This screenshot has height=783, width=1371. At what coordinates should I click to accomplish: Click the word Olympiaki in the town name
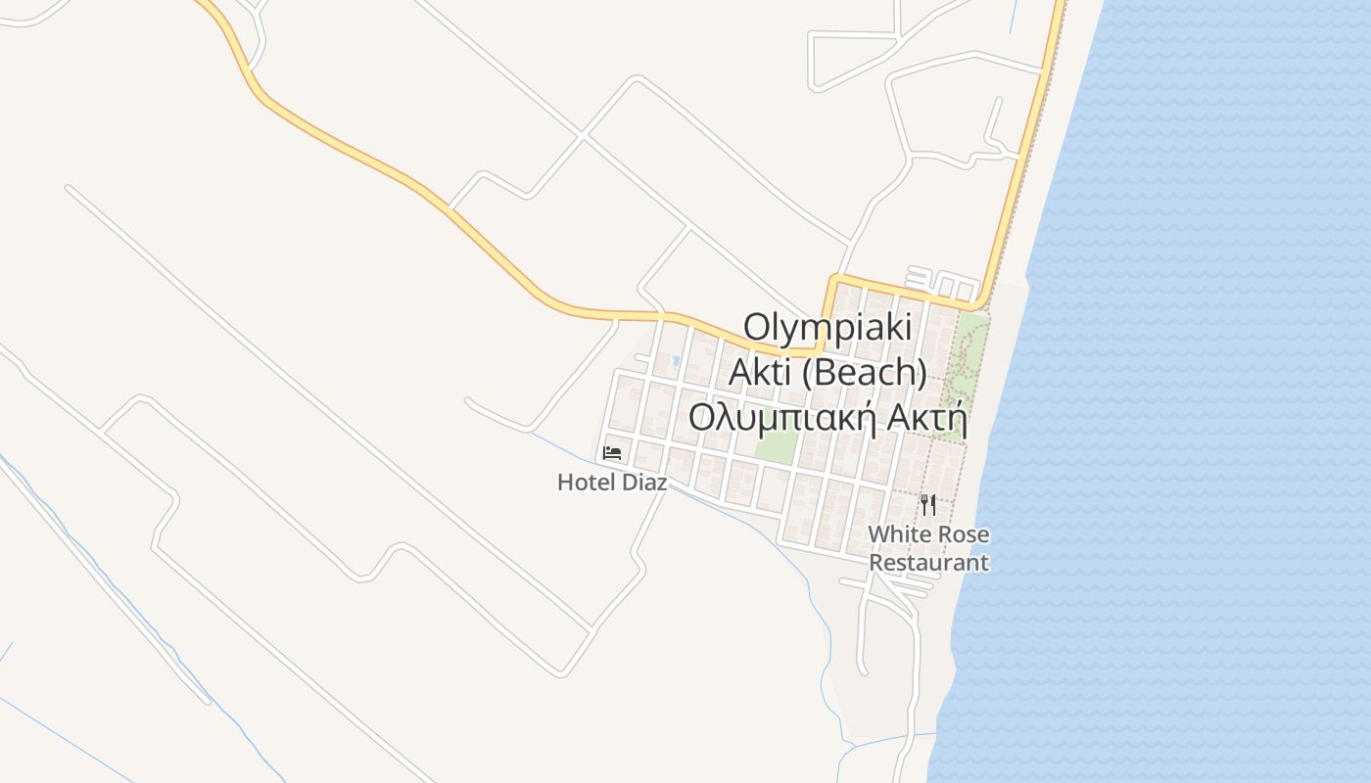click(x=827, y=327)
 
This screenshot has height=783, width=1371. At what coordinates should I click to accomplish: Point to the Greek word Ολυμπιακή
click(x=781, y=418)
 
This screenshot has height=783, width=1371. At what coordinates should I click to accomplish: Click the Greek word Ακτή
click(x=926, y=418)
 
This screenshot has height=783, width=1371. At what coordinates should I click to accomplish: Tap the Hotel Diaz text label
click(x=612, y=483)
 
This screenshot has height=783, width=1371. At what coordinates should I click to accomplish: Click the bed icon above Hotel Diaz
click(x=612, y=452)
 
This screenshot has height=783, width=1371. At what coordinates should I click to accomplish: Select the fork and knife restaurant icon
click(x=928, y=505)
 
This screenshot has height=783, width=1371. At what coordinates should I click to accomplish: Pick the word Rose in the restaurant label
click(x=962, y=535)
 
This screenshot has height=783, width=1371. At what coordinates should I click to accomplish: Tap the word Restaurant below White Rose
click(x=928, y=563)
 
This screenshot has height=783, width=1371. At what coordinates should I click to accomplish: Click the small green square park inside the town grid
click(x=776, y=446)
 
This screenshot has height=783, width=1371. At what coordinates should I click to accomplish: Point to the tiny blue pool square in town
click(x=676, y=360)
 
